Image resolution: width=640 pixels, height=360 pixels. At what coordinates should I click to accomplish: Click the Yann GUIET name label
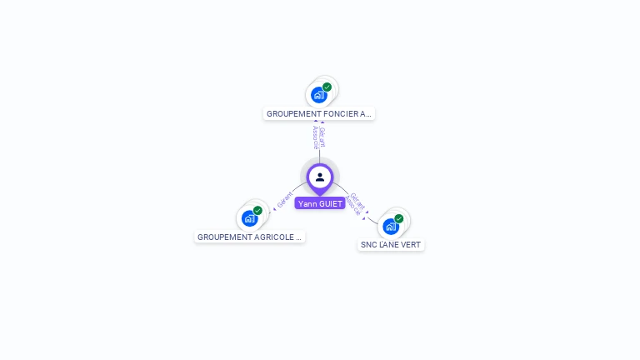point(320,203)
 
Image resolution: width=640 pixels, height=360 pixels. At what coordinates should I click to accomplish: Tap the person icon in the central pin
point(320,177)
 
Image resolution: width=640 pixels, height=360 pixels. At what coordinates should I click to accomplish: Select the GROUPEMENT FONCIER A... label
point(319,113)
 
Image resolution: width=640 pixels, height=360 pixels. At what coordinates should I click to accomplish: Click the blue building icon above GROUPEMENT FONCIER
point(318,95)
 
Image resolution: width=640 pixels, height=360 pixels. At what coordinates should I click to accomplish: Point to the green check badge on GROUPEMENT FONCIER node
point(327,87)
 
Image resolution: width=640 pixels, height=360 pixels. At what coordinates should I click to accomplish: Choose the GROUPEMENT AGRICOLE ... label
point(250,237)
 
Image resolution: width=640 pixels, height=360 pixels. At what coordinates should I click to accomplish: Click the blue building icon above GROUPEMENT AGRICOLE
point(249,219)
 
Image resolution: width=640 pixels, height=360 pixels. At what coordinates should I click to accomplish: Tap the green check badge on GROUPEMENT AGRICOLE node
point(258,211)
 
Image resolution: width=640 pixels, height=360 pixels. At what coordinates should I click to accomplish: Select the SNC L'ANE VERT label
point(391,245)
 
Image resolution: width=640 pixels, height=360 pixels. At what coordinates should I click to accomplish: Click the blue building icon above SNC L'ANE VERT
point(390,227)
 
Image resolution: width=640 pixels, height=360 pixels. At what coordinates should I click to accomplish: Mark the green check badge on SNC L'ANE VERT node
point(399,218)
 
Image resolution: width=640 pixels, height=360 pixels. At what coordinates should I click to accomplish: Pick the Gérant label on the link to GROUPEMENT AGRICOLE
point(285,201)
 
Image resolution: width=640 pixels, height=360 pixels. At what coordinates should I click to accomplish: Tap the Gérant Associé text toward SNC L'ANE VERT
point(356,204)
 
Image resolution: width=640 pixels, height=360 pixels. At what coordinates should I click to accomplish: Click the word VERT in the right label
point(410,245)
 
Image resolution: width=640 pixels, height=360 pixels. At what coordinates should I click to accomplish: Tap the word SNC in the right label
point(368,245)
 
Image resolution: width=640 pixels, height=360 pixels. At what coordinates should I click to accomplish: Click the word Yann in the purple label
point(307,203)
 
